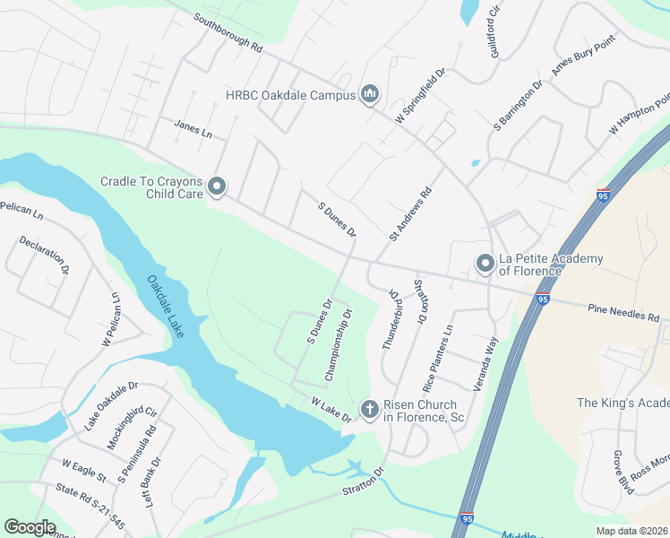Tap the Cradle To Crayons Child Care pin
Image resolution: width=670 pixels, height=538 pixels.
click(x=217, y=187)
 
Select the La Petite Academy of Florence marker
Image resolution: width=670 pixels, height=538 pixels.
click(x=485, y=264)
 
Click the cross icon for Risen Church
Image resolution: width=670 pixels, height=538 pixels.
click(x=369, y=410)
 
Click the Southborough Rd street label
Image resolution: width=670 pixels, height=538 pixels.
click(x=228, y=33)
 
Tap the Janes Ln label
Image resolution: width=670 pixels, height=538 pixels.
click(x=193, y=130)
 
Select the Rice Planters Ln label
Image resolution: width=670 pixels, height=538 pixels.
click(x=439, y=358)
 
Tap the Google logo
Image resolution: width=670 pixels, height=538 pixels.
click(x=30, y=527)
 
